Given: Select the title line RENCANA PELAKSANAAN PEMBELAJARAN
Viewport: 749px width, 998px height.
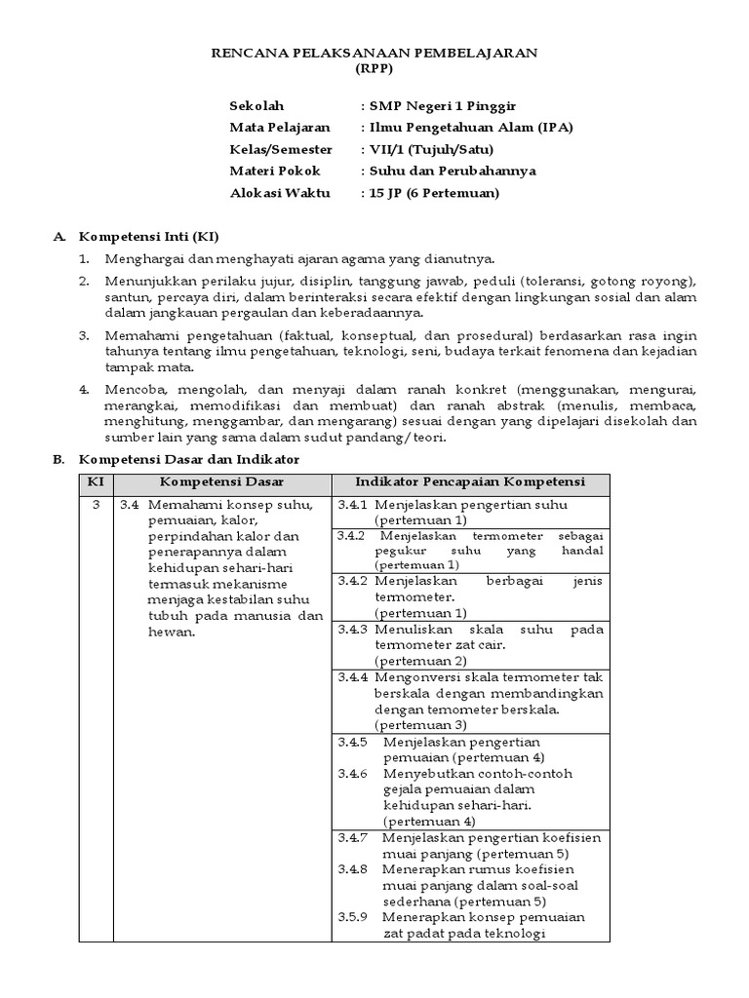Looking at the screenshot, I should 374,53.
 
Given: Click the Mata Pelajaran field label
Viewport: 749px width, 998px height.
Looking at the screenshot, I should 279,127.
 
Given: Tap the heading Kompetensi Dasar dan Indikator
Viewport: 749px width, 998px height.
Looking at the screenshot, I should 189,459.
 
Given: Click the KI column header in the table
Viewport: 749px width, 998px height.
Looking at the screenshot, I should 95,482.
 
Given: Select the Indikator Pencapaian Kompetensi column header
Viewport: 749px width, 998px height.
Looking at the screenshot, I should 469,482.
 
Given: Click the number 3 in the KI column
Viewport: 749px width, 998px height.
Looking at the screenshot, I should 95,505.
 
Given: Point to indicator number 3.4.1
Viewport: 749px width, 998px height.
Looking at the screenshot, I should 352,505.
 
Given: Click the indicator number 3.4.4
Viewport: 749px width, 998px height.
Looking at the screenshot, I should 352,676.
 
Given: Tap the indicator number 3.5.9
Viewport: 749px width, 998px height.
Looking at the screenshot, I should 352,917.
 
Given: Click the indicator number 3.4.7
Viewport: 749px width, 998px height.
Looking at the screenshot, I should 352,837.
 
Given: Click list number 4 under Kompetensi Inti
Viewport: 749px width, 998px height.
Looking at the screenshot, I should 84,387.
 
